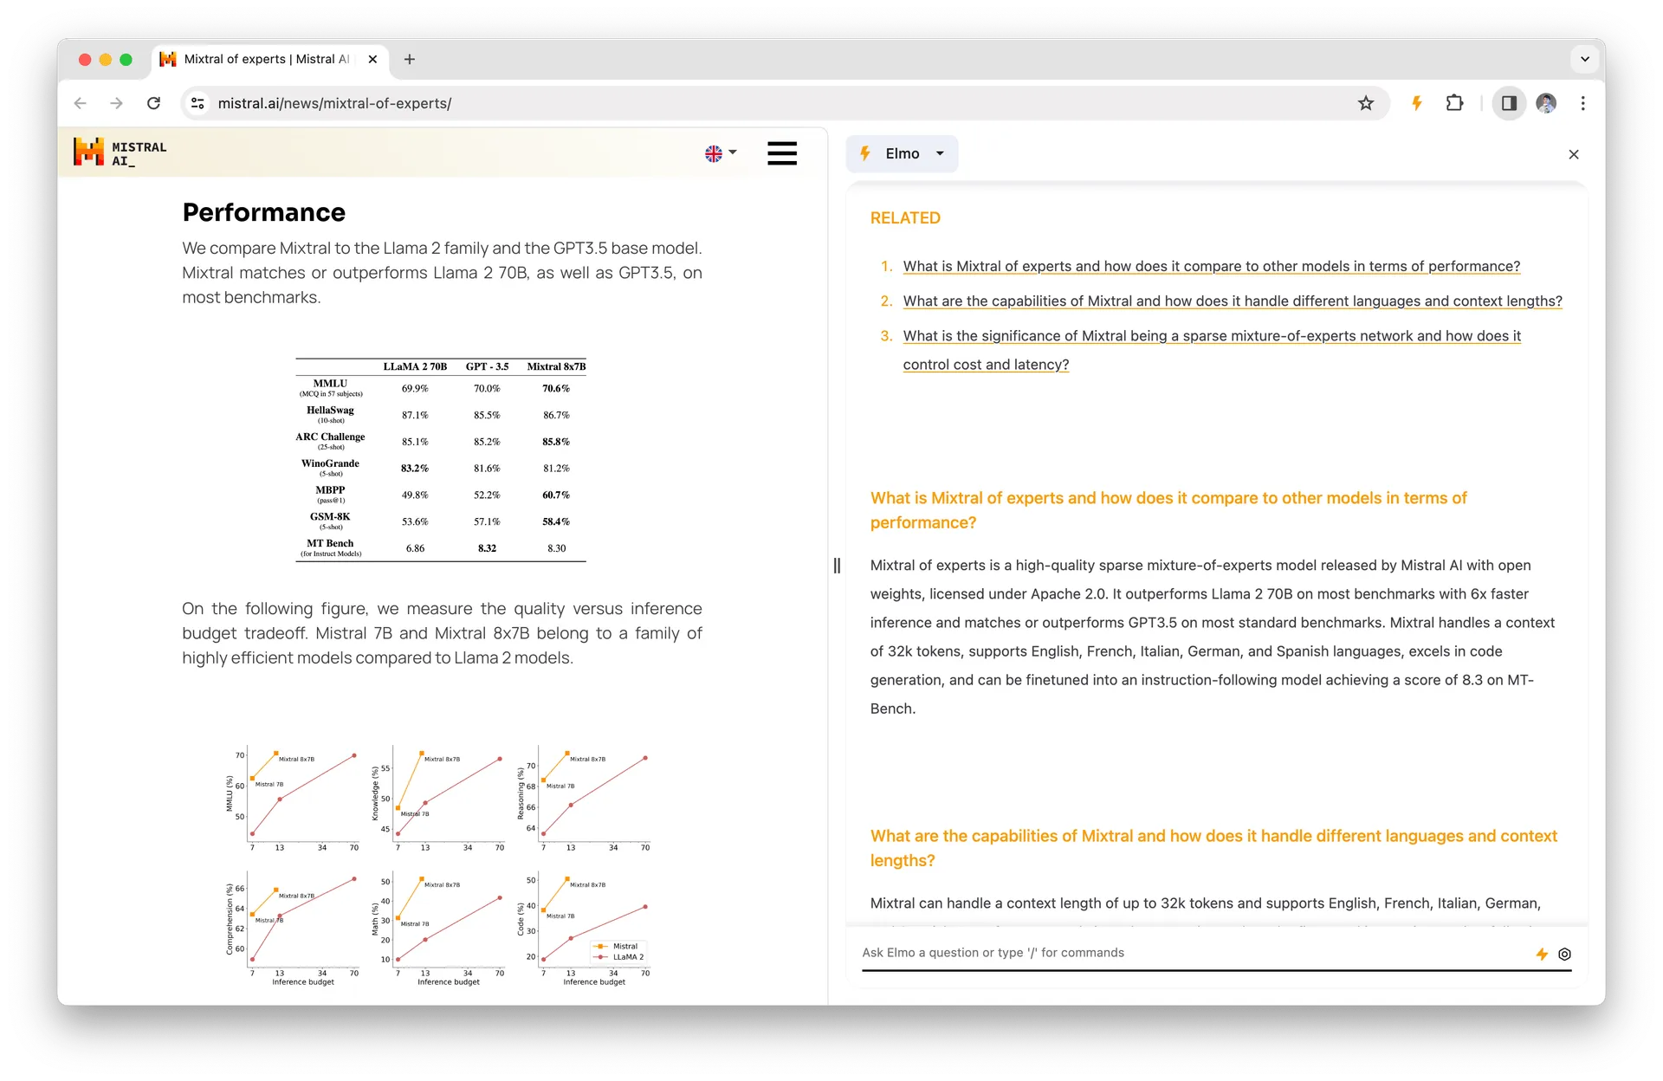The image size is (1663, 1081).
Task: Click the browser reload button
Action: (153, 103)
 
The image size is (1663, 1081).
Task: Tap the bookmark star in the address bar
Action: (1366, 103)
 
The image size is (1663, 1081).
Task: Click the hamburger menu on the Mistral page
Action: (781, 153)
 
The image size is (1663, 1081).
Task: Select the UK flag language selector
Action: (720, 153)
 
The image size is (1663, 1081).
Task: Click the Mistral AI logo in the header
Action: (120, 152)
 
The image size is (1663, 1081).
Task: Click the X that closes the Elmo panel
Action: (1574, 154)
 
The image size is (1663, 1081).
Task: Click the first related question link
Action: (1211, 266)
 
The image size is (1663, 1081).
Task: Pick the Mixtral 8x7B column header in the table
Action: (556, 366)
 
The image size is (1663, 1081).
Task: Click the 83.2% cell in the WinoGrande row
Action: (415, 468)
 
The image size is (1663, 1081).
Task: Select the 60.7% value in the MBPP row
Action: (556, 495)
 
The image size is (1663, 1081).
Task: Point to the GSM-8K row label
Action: (330, 517)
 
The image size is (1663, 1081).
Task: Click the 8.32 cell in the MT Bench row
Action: (487, 548)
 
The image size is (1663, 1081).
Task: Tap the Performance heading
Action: (263, 212)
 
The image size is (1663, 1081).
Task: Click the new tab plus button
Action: (410, 59)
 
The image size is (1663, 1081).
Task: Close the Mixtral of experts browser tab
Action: (372, 59)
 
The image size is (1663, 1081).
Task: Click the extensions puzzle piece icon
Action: (1454, 103)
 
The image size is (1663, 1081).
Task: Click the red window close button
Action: (85, 59)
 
